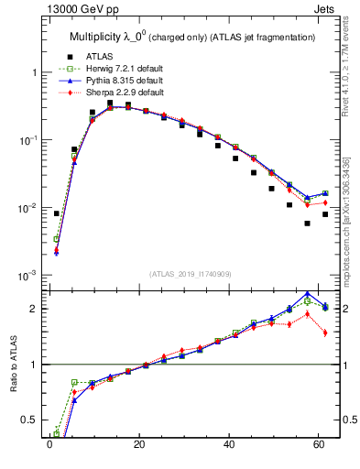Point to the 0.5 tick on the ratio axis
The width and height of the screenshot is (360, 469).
coord(32,420)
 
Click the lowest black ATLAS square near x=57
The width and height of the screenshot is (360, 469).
coord(308,224)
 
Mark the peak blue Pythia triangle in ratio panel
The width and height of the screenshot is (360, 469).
coord(308,294)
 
